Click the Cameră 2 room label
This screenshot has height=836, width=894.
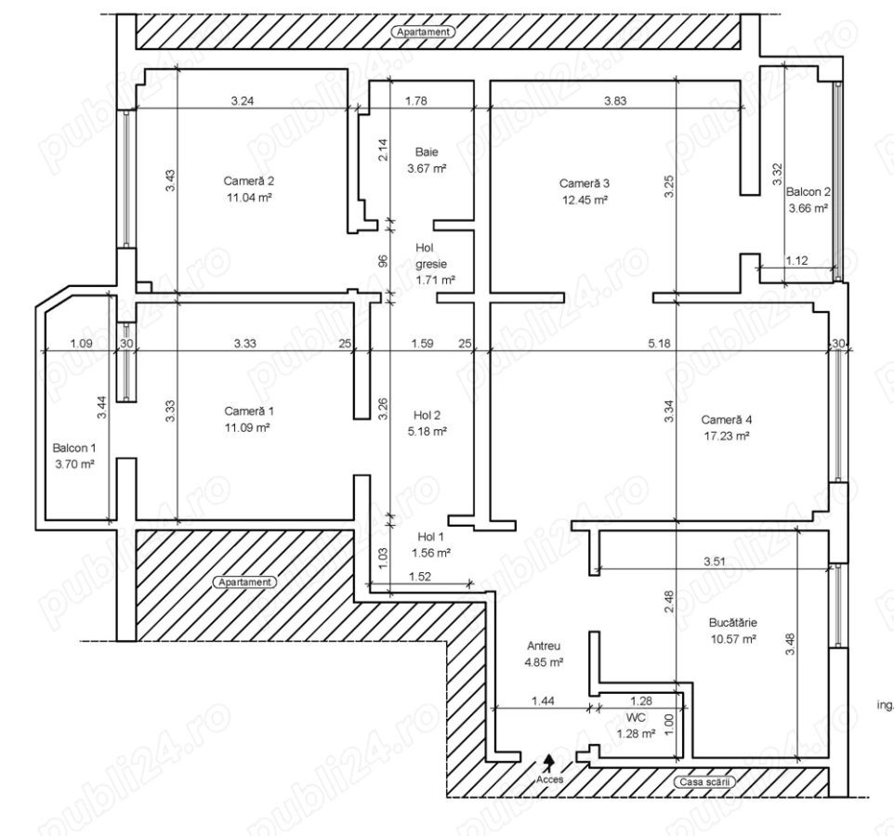[x=247, y=180]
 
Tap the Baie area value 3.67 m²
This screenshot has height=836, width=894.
[x=427, y=169]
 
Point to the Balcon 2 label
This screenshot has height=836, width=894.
[x=808, y=192]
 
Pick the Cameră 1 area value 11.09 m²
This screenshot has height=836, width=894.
[x=247, y=427]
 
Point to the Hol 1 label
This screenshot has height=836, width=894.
[x=430, y=536]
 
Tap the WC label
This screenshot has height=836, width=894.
[x=636, y=717]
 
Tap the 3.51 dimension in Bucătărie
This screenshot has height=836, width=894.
[x=714, y=561]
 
